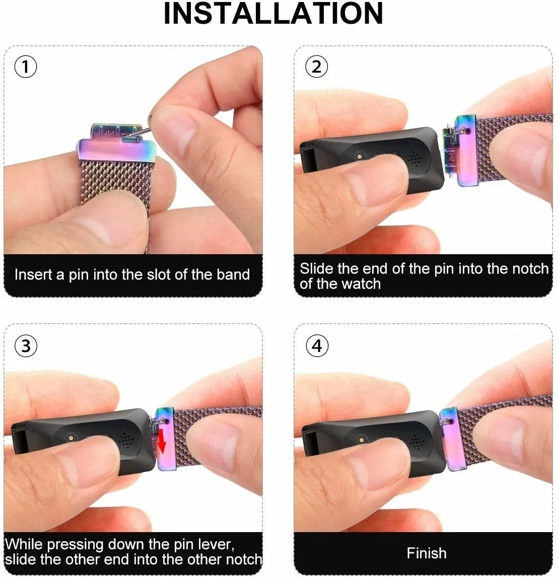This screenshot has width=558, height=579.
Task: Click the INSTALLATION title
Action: tap(273, 14)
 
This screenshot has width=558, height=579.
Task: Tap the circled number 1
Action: tap(26, 67)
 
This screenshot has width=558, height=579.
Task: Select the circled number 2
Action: tap(316, 67)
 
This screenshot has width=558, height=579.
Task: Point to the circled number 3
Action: tap(26, 345)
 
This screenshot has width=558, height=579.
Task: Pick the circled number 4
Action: tap(317, 345)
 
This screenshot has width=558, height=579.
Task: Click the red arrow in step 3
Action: tap(162, 440)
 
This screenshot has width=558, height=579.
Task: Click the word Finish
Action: tap(427, 553)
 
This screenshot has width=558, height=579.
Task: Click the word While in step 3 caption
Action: tap(25, 544)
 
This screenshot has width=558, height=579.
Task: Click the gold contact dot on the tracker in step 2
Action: tap(360, 156)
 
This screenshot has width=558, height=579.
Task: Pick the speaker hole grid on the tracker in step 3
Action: tap(126, 439)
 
